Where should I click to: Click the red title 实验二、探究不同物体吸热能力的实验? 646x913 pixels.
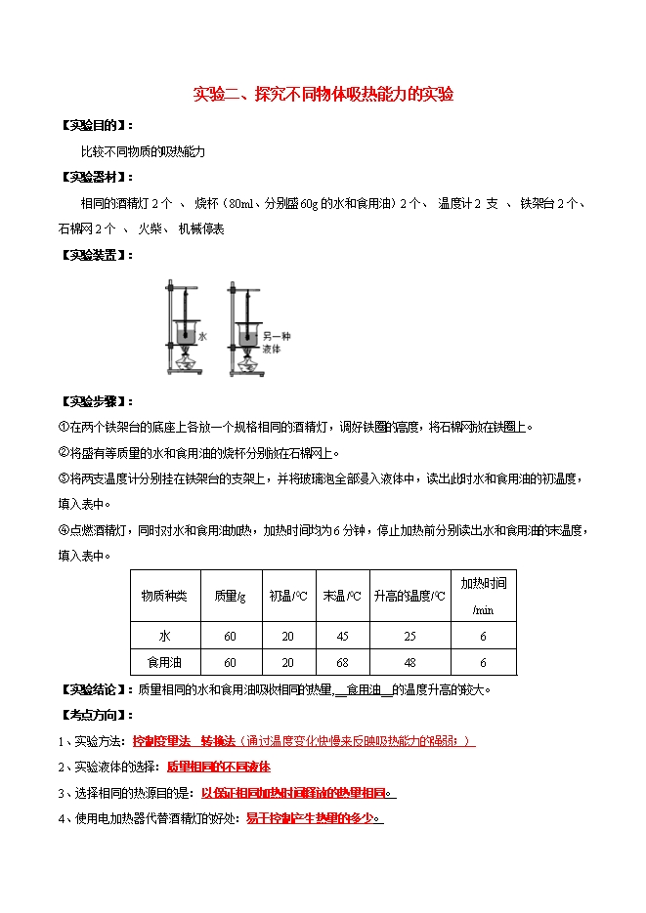tap(323, 95)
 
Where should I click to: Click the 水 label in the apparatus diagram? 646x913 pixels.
tap(203, 335)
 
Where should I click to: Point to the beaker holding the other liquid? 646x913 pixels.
tap(244, 336)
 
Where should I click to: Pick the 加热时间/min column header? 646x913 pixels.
tap(483, 596)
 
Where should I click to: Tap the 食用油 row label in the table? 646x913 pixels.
tap(165, 662)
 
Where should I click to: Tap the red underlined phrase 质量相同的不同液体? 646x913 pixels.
tap(219, 767)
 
